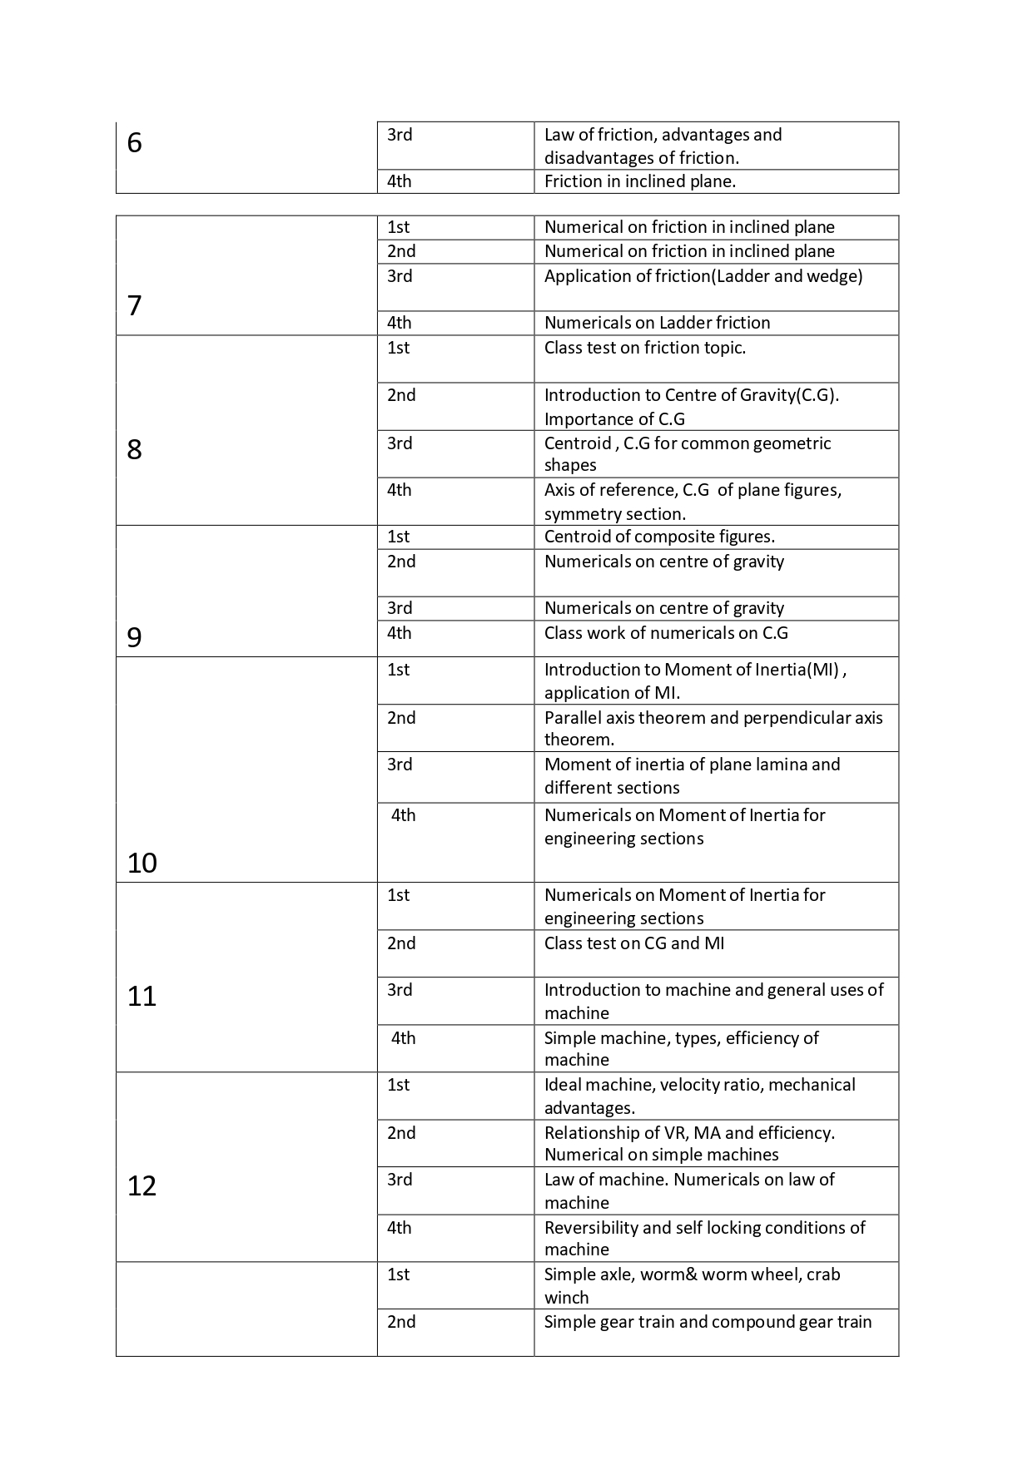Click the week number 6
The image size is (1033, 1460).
pyautogui.click(x=135, y=144)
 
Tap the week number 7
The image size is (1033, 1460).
pyautogui.click(x=135, y=306)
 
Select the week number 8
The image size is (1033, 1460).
pyautogui.click(x=135, y=450)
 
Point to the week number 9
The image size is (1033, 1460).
pyautogui.click(x=135, y=637)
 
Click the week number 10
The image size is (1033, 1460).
pyautogui.click(x=142, y=864)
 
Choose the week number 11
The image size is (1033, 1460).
pyautogui.click(x=142, y=997)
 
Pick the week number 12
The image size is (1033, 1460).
pyautogui.click(x=142, y=1186)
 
